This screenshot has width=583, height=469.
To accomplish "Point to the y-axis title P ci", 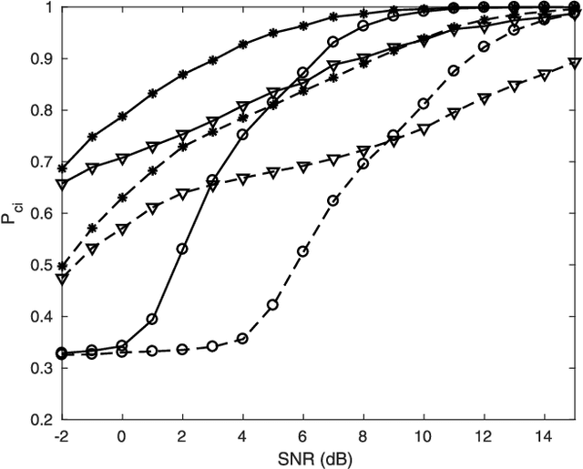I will [13, 215].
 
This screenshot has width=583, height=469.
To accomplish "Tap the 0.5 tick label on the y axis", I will [41, 265].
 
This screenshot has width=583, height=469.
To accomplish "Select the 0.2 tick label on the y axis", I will [41, 420].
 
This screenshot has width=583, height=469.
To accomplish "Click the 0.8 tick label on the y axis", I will [41, 110].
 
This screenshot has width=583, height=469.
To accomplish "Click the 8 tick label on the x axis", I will [363, 436].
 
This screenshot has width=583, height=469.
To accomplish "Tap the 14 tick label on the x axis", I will [544, 436].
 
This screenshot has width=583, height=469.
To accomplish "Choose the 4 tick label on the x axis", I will [242, 436].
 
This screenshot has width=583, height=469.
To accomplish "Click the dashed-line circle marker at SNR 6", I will [303, 250].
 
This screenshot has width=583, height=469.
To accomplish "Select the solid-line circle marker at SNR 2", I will [182, 249].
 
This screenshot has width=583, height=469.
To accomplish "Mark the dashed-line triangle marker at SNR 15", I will [574, 62].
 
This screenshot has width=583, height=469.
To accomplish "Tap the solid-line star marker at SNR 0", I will [122, 117].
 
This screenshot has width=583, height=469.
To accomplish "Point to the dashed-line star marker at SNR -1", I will [92, 228].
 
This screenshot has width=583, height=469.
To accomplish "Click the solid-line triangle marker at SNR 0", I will [122, 158].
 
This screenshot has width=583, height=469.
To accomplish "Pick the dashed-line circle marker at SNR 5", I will [272, 304].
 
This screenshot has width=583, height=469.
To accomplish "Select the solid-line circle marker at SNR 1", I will [152, 319].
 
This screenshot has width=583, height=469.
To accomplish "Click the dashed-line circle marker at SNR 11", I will [454, 70].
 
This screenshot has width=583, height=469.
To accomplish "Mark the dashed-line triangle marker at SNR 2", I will [182, 194].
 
